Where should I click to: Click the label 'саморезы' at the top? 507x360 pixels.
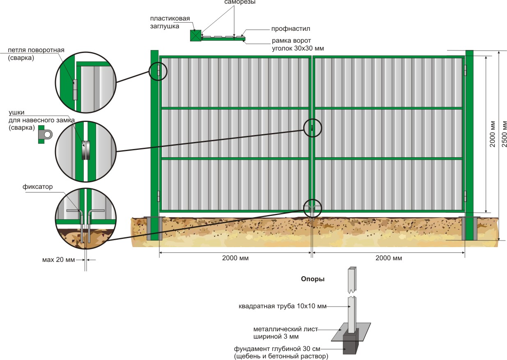pyautogui.click(x=240, y=2)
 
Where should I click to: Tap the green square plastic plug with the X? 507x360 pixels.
pyautogui.click(x=195, y=36)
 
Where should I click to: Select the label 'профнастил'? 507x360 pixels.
pyautogui.click(x=291, y=29)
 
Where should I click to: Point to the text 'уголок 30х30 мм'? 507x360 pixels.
pyautogui.click(x=298, y=48)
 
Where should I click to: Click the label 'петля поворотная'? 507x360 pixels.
pyautogui.click(x=36, y=50)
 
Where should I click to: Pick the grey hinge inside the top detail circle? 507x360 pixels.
pyautogui.click(x=75, y=89)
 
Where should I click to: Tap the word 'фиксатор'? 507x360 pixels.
pyautogui.click(x=38, y=187)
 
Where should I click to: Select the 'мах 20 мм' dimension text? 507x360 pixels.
pyautogui.click(x=58, y=260)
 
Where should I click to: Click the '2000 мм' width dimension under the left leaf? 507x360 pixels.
pyautogui.click(x=235, y=258)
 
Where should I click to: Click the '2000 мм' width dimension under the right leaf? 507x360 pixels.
pyautogui.click(x=389, y=258)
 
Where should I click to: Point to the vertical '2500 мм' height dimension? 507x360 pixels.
pyautogui.click(x=504, y=134)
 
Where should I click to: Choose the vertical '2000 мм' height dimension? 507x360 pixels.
pyautogui.click(x=493, y=134)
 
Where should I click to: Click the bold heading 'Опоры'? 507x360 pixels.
pyautogui.click(x=312, y=279)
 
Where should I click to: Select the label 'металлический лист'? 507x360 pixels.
pyautogui.click(x=286, y=329)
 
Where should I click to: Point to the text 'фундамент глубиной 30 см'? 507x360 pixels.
pyautogui.click(x=277, y=349)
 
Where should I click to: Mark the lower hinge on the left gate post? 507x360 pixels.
pyautogui.click(x=158, y=196)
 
